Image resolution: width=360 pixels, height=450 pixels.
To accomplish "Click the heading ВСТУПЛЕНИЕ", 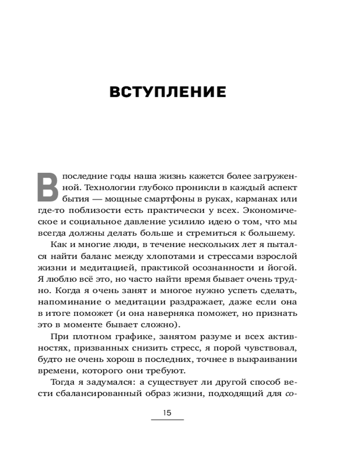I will click(167, 92).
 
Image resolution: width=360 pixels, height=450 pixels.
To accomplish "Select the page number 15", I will click(167, 413).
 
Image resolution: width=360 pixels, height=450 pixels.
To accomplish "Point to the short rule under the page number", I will click(167, 420).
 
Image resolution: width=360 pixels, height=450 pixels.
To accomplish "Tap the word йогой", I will click(285, 268).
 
